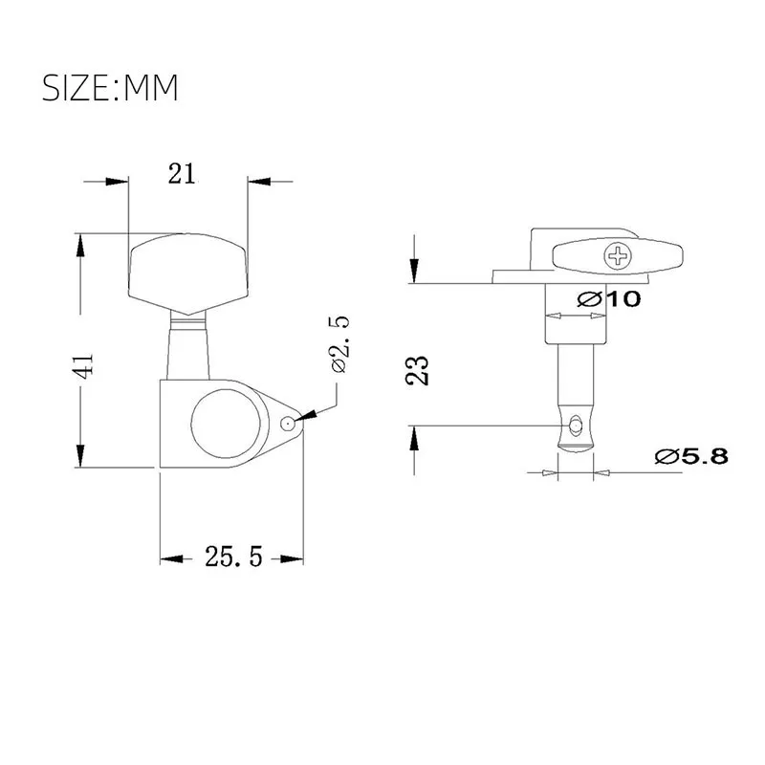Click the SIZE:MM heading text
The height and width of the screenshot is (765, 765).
coord(110,88)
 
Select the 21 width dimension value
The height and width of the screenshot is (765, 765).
coord(182,173)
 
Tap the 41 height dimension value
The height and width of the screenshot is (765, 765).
coord(84,365)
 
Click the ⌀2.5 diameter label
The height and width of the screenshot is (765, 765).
coord(340,347)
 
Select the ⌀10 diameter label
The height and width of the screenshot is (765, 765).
coord(609,298)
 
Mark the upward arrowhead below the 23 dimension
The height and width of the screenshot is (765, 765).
coord(413,439)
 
